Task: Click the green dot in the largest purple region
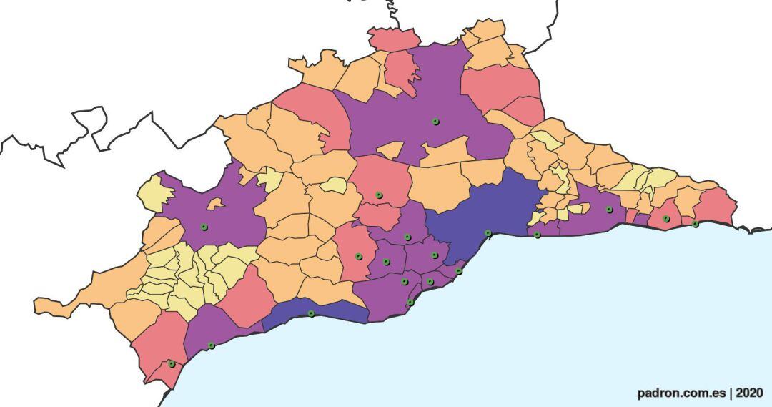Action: pyautogui.click(x=435, y=122)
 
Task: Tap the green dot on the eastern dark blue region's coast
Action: pyautogui.click(x=488, y=232)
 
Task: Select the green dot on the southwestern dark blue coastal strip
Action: pyautogui.click(x=310, y=313)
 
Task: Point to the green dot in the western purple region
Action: pyautogui.click(x=204, y=227)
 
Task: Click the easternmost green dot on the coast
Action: pyautogui.click(x=695, y=224)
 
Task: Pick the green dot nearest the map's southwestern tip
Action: pyautogui.click(x=171, y=364)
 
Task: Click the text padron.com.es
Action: pyautogui.click(x=681, y=393)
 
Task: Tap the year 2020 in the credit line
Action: pyautogui.click(x=749, y=393)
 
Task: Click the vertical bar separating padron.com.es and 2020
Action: pyautogui.click(x=731, y=393)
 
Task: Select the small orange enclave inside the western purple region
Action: pyautogui.click(x=214, y=204)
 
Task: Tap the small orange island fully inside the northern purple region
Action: pyautogui.click(x=390, y=150)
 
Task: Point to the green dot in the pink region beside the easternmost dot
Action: pyautogui.click(x=665, y=219)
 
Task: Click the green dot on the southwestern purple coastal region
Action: pyautogui.click(x=211, y=345)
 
